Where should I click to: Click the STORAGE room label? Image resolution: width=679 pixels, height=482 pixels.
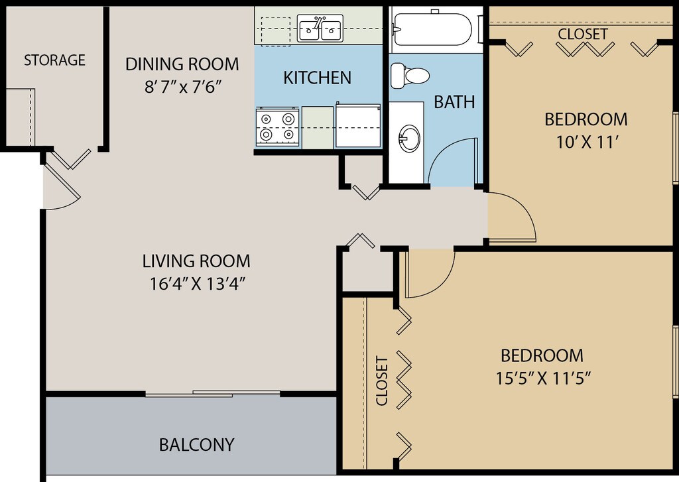[x=54, y=60]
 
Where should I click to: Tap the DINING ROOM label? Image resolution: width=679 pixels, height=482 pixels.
[x=182, y=64]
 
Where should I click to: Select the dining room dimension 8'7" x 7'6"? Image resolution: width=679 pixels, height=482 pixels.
[x=183, y=87]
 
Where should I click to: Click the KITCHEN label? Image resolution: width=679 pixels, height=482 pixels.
[x=318, y=78]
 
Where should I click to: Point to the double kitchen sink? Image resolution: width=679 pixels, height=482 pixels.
[x=320, y=28]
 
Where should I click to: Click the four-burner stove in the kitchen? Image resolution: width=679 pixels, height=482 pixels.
[x=277, y=127]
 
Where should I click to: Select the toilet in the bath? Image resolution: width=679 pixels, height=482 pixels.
[x=409, y=76]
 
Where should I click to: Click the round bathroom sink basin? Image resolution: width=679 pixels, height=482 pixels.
[x=409, y=139]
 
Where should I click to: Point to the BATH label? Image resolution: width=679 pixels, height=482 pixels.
[x=454, y=102]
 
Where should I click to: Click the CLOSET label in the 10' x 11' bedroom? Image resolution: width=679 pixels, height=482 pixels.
[x=582, y=34]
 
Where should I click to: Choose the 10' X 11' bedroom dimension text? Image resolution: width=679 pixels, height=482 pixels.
[x=586, y=142]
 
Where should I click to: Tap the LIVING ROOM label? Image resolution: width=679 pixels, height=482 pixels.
[x=196, y=261]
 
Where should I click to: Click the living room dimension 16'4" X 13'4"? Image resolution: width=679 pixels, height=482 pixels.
[x=198, y=284]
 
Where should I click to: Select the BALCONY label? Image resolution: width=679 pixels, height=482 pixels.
[x=196, y=445]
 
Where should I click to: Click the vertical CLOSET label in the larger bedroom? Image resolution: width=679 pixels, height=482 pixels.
[x=381, y=381]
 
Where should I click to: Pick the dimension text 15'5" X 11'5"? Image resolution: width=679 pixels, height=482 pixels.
[x=543, y=379]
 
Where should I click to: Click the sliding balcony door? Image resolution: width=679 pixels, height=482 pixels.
[x=213, y=394]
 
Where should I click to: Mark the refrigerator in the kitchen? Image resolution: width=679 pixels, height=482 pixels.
[x=358, y=125]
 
